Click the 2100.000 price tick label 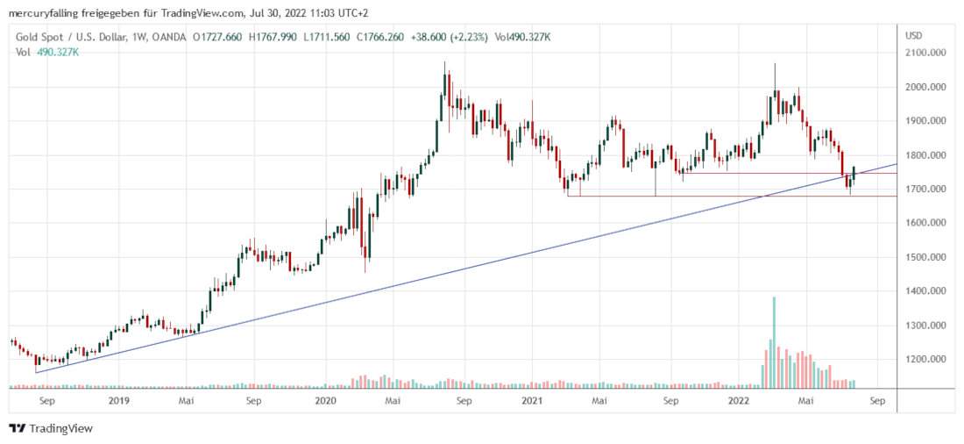[x=928, y=54]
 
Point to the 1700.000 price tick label [x=928, y=190]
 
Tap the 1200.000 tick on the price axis [x=928, y=360]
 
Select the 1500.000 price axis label [x=928, y=258]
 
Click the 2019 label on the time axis [x=118, y=401]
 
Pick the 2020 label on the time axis [x=325, y=401]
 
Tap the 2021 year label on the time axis [x=532, y=401]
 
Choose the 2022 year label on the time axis [x=739, y=401]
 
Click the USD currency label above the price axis [x=913, y=36]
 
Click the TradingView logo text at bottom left [x=60, y=428]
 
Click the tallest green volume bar [x=774, y=342]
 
